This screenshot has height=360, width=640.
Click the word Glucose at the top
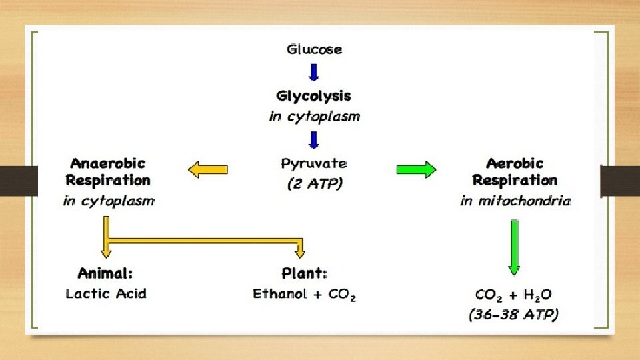(314, 49)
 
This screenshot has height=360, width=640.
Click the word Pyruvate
(314, 163)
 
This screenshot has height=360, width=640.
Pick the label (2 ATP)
(314, 183)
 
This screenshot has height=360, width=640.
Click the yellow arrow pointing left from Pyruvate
(208, 170)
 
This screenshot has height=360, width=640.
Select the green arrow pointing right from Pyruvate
(416, 170)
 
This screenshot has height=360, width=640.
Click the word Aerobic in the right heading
(515, 163)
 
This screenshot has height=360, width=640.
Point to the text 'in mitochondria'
(515, 200)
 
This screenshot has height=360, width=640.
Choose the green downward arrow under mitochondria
(514, 247)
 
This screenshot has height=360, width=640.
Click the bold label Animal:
(105, 273)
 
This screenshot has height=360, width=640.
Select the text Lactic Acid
(105, 293)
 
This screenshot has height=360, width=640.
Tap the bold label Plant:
(305, 273)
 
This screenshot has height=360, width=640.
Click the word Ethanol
(280, 293)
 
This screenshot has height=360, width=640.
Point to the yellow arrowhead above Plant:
(300, 252)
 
